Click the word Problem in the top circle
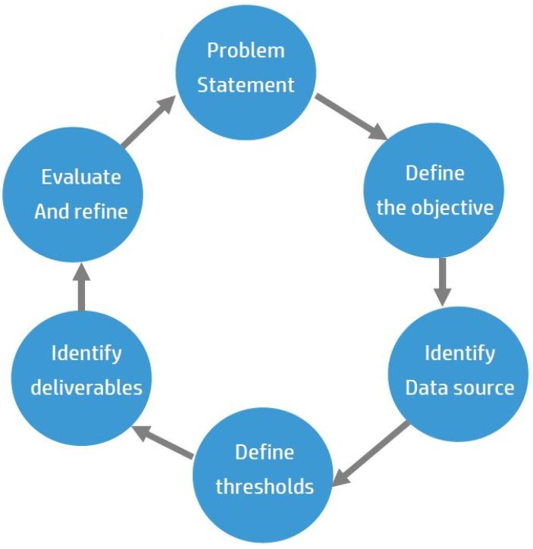[246, 51]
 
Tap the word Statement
[246, 84]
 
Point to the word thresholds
[264, 485]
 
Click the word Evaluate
[81, 177]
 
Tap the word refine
[101, 211]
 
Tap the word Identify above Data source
[459, 353]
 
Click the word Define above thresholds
[264, 452]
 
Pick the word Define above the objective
[434, 173]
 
